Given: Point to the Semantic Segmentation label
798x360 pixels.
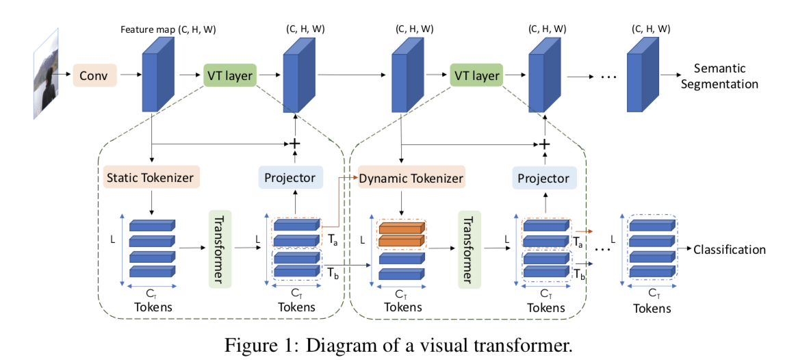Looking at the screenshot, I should tap(725, 76).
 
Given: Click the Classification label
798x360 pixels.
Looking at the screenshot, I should tap(729, 249).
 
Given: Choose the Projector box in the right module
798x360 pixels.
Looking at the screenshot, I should tap(544, 178).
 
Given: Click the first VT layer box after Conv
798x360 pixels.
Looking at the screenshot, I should tap(230, 75).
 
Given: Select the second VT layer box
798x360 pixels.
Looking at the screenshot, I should tap(476, 75).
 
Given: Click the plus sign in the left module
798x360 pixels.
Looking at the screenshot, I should tap(295, 144).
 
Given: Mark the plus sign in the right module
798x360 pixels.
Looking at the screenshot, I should tap(545, 144).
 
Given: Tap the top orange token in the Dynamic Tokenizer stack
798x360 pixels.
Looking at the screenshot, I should tap(401, 229).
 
